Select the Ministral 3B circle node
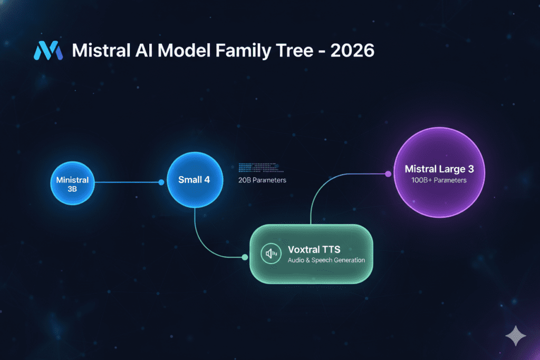point(72,183)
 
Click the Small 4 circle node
point(194,180)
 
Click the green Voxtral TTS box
point(311,254)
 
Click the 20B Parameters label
point(262,181)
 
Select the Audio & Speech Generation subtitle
point(326,260)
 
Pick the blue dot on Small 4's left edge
point(162,183)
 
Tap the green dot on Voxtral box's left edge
point(245,257)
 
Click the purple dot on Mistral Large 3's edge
point(388,174)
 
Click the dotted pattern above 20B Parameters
point(261,167)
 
